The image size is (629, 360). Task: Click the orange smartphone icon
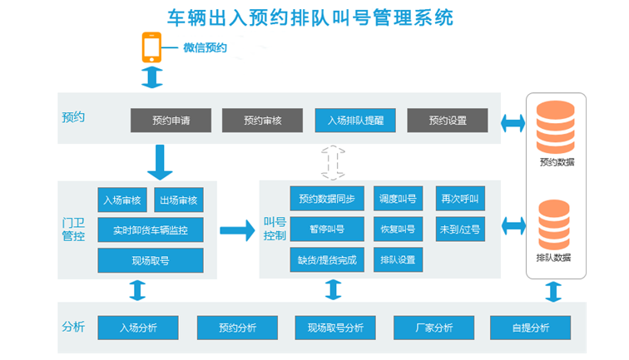coord(151,47)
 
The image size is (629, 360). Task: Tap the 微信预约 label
coord(205,47)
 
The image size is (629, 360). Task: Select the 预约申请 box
coord(171,121)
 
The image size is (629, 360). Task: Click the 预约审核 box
coord(262,121)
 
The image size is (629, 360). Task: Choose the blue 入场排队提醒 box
coord(355,121)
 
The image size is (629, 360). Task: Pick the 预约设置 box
coord(448,121)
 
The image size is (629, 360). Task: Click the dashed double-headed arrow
coord(333,162)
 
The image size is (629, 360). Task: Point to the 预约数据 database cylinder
coord(556,126)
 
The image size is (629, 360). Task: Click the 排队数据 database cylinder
coord(554,224)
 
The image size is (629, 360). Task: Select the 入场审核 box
coord(122,200)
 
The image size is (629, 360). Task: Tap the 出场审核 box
coord(179,200)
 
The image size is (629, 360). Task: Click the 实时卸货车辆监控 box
coord(151,230)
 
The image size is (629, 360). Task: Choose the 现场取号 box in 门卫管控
coord(151,260)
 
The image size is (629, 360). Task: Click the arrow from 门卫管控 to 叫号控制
coord(237,230)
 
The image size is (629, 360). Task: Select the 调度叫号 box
coord(398,199)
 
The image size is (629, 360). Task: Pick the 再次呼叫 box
coord(460,199)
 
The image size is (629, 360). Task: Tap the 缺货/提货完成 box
coord(327,259)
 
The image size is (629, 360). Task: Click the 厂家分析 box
coord(433,328)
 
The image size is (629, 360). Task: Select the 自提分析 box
coord(530,328)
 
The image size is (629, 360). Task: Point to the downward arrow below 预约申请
coord(160,162)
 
